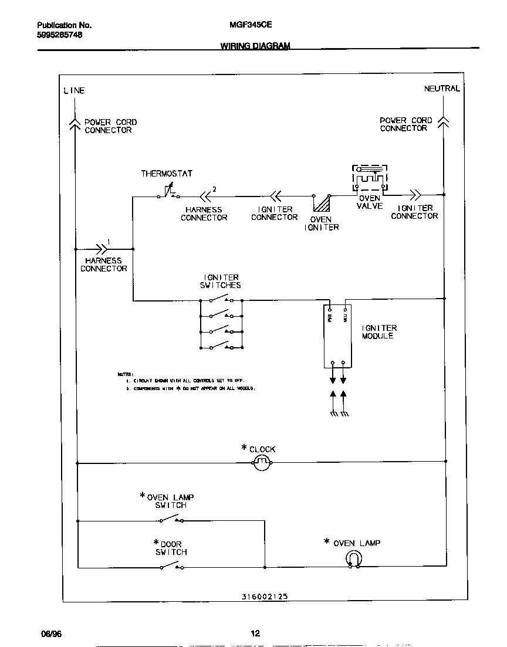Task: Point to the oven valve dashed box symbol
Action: click(x=370, y=178)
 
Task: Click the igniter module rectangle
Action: click(x=338, y=336)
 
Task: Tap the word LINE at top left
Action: click(x=74, y=90)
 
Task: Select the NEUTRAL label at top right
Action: click(x=442, y=89)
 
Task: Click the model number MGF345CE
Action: click(x=246, y=25)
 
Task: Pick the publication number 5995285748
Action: click(x=59, y=35)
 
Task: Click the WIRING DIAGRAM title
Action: click(x=255, y=46)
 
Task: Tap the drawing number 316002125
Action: click(x=264, y=596)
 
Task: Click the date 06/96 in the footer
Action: click(x=51, y=634)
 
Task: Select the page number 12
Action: click(x=255, y=634)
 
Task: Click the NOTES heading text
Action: click(x=125, y=374)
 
